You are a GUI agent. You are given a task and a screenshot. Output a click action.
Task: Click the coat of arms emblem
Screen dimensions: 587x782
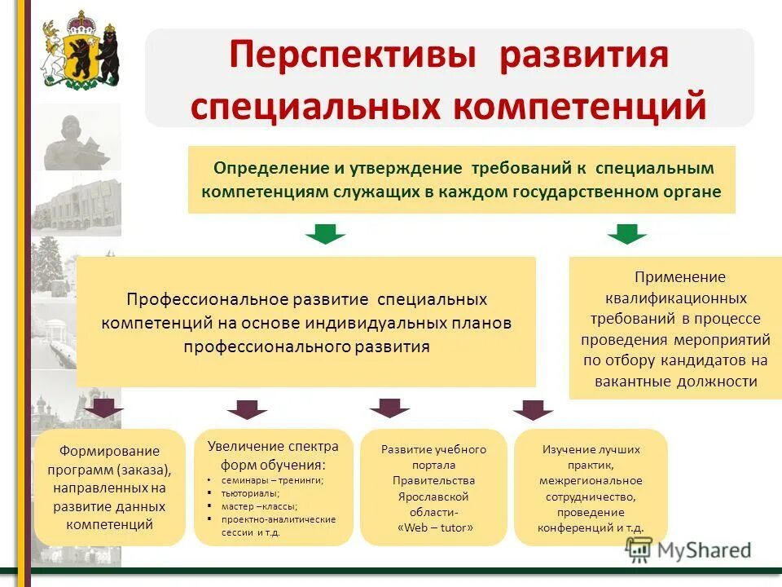81,50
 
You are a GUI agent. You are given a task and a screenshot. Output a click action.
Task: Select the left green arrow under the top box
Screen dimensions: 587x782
326,234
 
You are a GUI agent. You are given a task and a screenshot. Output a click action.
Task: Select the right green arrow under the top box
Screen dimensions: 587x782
626,234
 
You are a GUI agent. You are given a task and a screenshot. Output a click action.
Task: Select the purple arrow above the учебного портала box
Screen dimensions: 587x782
389,408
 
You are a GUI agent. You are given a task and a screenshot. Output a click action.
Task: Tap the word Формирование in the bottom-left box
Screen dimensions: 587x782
109,451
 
